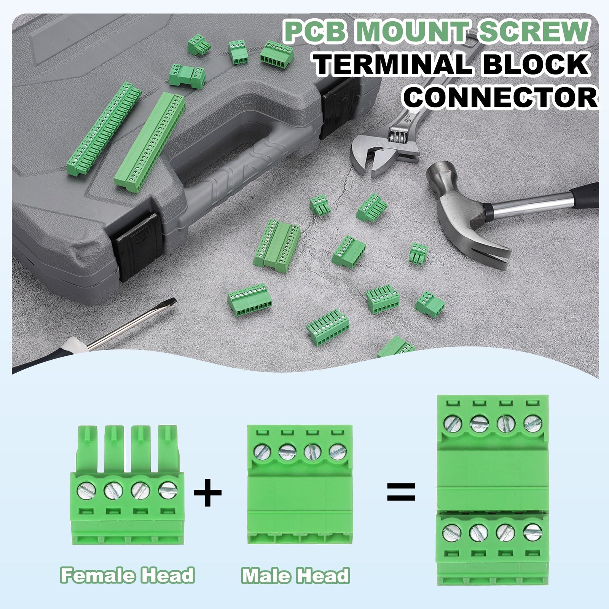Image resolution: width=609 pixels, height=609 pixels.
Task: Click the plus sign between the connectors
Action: tap(208, 493)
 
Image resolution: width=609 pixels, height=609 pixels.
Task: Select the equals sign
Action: tap(401, 492)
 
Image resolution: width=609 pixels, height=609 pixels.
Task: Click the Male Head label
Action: tap(295, 576)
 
